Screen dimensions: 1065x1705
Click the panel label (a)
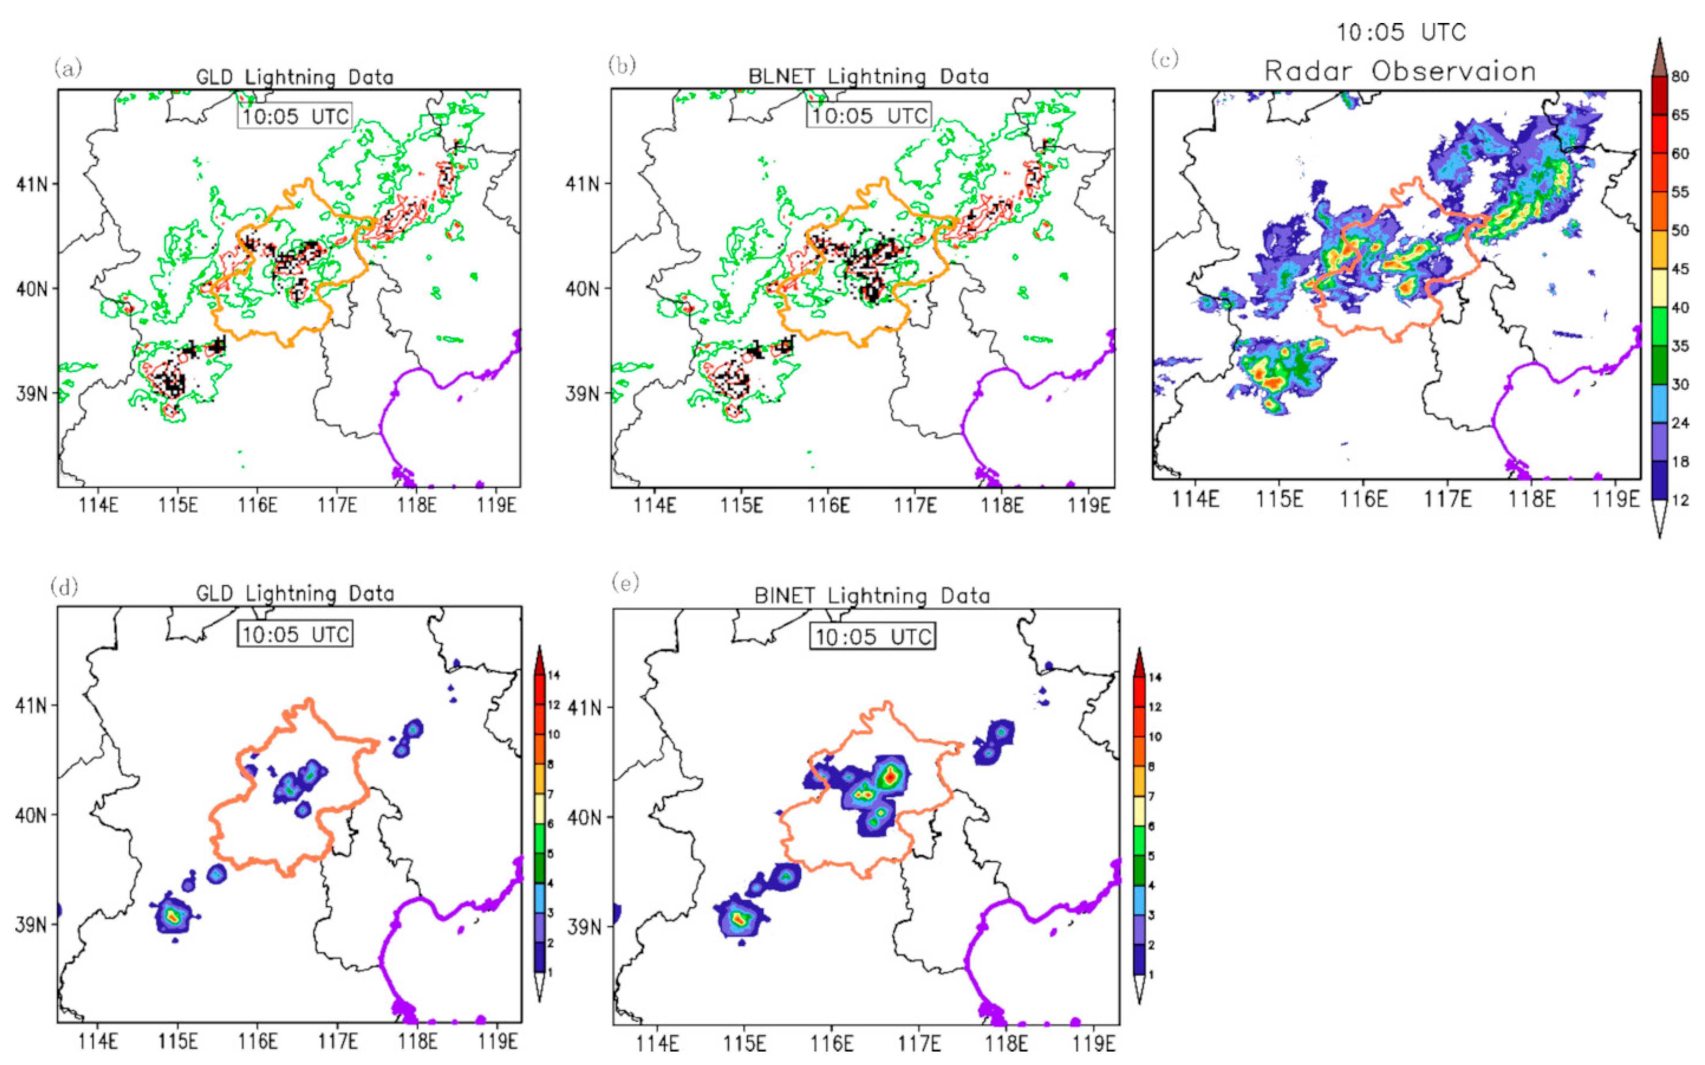point(68,68)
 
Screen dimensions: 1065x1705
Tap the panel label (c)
point(1164,59)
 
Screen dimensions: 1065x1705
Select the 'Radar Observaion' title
point(1400,72)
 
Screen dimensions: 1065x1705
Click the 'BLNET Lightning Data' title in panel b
point(868,76)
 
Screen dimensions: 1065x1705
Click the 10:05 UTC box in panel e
point(873,637)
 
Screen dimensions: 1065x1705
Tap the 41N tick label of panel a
point(32,184)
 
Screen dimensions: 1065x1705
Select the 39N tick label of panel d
point(31,924)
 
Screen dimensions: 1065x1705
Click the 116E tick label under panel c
point(1363,499)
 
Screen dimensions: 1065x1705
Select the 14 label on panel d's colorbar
point(554,675)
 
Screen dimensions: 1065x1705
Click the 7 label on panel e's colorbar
point(1151,796)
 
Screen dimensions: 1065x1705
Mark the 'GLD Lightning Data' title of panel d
point(295,594)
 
